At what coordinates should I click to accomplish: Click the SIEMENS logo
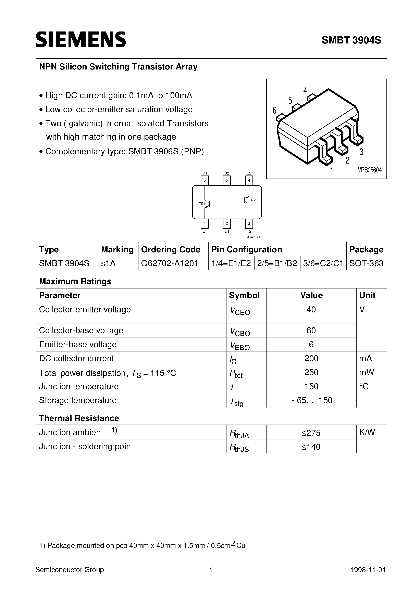81,40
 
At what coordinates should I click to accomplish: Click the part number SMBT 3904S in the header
351,40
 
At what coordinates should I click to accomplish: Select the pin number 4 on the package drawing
305,91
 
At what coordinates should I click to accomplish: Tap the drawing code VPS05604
370,170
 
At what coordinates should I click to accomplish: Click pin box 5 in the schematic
227,180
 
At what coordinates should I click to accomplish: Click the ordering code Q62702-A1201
169,263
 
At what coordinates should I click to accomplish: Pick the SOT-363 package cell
366,263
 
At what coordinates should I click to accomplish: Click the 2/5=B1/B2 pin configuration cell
277,263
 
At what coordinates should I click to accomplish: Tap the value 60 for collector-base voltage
311,330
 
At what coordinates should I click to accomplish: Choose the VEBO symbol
240,346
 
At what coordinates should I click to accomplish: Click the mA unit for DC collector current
365,358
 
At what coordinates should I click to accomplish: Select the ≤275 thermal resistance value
311,433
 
